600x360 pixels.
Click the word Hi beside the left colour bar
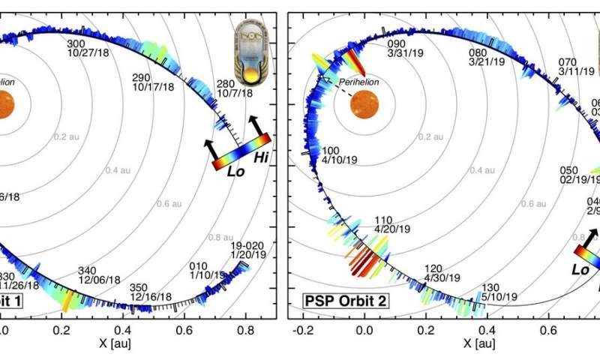pyautogui.click(x=262, y=157)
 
